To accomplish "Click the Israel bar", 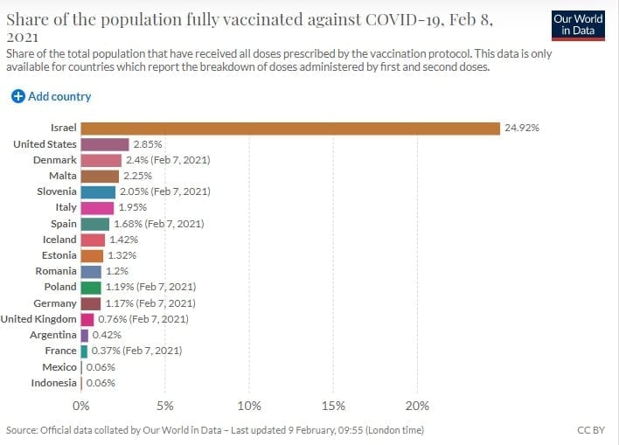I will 290,128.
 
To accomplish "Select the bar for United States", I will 105,144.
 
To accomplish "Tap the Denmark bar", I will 101,160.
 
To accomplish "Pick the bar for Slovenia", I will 98,191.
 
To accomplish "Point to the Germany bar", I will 91,303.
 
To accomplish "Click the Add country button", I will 52,96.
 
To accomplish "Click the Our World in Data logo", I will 578,24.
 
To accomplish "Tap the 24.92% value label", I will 522,128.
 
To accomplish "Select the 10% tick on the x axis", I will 249,406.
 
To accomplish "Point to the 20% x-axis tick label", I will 418,406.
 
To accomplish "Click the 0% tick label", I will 81,406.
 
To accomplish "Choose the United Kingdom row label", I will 38,319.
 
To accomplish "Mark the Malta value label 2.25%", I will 137,176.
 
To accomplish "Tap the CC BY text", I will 591,430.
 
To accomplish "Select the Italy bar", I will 97,208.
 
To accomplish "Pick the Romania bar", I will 91,272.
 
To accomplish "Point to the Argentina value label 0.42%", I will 107,335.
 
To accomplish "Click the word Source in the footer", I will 22,430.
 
